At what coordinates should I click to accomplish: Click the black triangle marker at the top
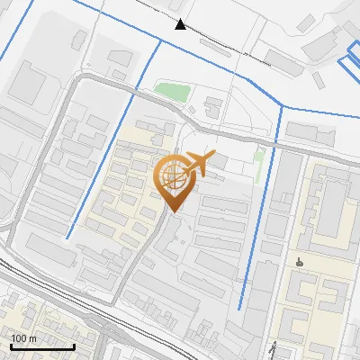(182, 24)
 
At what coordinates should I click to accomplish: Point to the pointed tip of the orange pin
(171, 211)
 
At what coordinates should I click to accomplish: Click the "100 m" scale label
(24, 338)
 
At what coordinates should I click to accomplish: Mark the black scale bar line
(42, 346)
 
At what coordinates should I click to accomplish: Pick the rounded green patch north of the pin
(172, 91)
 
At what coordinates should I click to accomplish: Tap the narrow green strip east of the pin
(259, 162)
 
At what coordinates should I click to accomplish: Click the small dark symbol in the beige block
(299, 263)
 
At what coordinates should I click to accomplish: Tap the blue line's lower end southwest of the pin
(67, 237)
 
